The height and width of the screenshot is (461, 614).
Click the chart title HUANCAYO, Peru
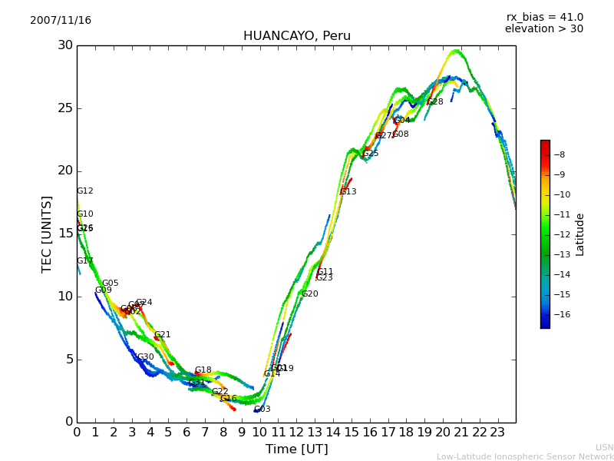[x=296, y=36]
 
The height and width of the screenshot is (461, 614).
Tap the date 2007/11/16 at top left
[x=61, y=21]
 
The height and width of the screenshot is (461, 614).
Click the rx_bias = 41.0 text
[x=544, y=17]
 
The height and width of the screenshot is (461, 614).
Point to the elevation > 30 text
[x=543, y=29]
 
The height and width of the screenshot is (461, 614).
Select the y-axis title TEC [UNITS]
[x=47, y=234]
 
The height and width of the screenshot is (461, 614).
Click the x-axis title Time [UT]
[x=296, y=449]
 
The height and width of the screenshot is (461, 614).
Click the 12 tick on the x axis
[x=296, y=433]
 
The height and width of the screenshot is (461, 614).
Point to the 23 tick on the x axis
[x=497, y=433]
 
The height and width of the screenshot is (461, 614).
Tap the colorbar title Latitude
[x=580, y=234]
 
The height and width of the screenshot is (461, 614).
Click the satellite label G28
[x=435, y=102]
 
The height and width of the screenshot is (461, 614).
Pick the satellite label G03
[x=262, y=410]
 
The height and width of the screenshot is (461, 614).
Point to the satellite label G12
[x=84, y=191]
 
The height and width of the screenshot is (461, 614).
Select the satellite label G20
[x=309, y=294]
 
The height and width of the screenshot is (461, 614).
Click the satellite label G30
[x=146, y=357]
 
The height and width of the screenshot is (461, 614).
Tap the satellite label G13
[x=348, y=192]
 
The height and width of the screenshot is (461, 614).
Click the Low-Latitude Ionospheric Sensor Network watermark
[x=525, y=457]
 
